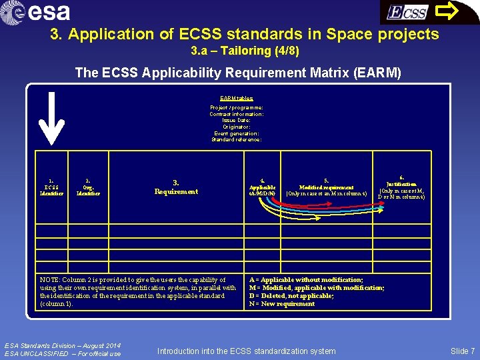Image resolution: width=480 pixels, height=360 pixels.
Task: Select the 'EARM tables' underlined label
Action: (237, 98)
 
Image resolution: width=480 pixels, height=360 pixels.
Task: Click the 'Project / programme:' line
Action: (237, 107)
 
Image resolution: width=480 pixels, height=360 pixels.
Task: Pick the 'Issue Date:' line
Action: (237, 120)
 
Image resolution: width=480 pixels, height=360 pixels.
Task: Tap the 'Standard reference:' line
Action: (237, 139)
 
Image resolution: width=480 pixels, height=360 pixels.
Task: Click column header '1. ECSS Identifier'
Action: (51, 187)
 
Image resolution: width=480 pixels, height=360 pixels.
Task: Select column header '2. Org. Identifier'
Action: (88, 187)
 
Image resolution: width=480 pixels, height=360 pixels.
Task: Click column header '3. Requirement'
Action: (176, 187)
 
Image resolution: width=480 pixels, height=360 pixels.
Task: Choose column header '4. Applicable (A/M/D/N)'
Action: (262, 187)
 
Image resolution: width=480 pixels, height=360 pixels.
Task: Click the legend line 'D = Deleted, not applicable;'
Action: (291, 296)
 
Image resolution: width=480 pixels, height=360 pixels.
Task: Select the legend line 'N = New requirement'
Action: (282, 304)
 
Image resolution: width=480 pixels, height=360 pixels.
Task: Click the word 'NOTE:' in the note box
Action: (49, 280)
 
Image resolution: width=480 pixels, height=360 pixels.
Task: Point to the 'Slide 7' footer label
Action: (463, 351)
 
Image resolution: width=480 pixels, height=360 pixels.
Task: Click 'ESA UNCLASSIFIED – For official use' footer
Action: (63, 353)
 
